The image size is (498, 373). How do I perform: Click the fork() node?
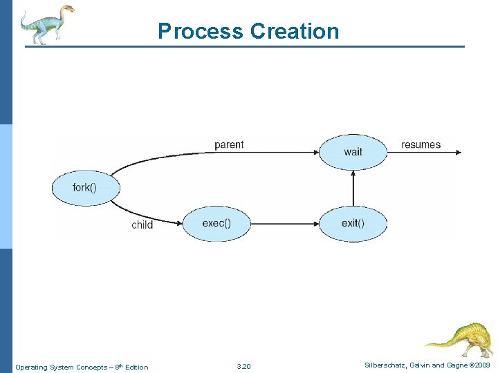[x=86, y=188]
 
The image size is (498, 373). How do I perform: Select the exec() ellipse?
[x=216, y=222]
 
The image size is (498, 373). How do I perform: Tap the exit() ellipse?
[x=353, y=222]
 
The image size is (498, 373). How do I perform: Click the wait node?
[x=353, y=152]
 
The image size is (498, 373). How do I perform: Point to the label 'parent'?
[x=229, y=145]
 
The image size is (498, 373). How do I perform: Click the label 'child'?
[x=142, y=225]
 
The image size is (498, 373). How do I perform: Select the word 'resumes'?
[x=421, y=145]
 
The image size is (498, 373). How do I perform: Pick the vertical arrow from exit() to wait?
[x=353, y=187]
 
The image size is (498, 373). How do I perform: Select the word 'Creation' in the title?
[x=295, y=32]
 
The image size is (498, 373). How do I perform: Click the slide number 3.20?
[x=243, y=367]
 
